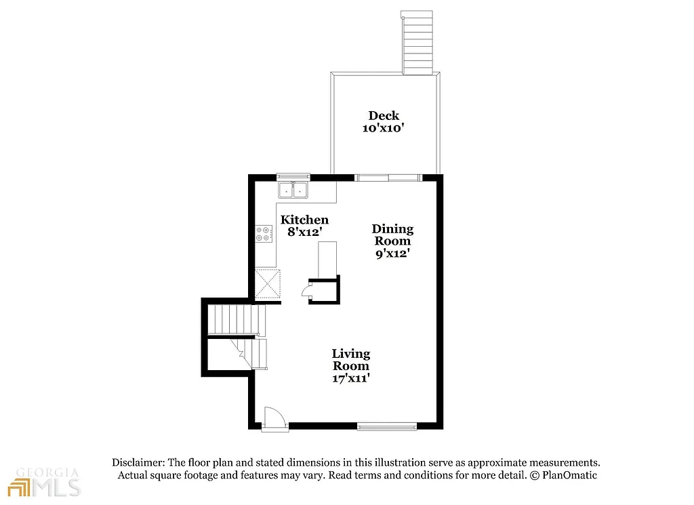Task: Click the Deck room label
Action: click(384, 115)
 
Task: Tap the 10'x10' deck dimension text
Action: click(384, 127)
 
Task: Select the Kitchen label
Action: click(304, 220)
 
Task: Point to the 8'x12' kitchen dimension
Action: click(304, 232)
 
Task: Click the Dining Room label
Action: click(392, 235)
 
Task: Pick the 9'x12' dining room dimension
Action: click(392, 254)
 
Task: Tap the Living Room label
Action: click(350, 359)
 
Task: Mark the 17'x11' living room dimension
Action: click(350, 378)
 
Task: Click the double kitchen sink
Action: click(293, 190)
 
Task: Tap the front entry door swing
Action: click(273, 416)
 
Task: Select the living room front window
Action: click(386, 426)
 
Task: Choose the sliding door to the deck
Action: click(389, 178)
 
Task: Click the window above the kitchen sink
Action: click(293, 176)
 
